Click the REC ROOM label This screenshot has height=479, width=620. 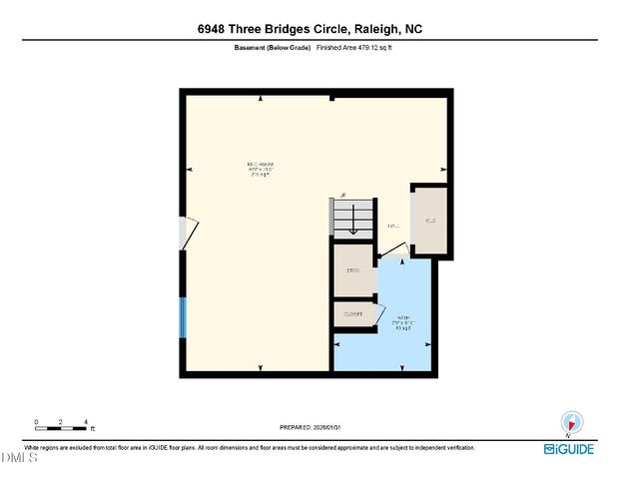pos(261,165)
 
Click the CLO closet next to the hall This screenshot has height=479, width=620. pos(431,220)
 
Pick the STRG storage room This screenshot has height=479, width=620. pos(352,271)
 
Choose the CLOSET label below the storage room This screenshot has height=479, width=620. pos(352,314)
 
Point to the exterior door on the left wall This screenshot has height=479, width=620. pos(185,235)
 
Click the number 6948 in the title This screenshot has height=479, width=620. pos(216,30)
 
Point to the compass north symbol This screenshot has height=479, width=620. pos(570,422)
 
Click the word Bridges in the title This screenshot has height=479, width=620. pos(299,30)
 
